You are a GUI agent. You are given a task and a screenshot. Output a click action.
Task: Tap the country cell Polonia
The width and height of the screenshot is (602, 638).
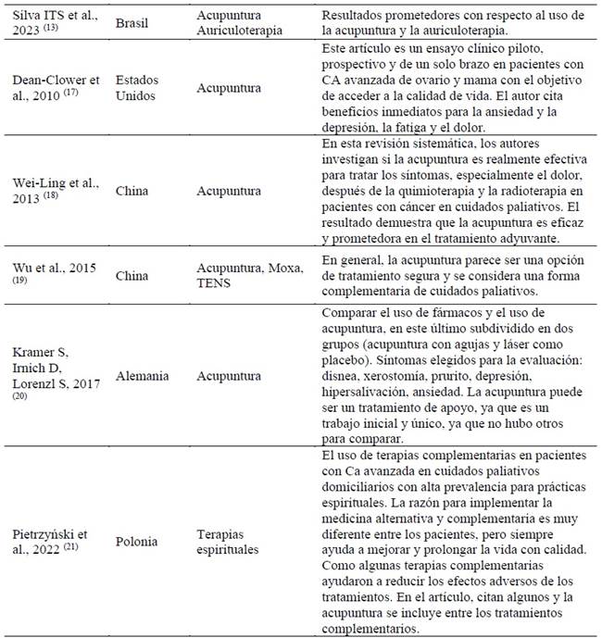tap(137, 540)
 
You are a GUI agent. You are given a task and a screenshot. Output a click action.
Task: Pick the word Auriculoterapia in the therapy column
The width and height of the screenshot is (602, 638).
tap(245, 30)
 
